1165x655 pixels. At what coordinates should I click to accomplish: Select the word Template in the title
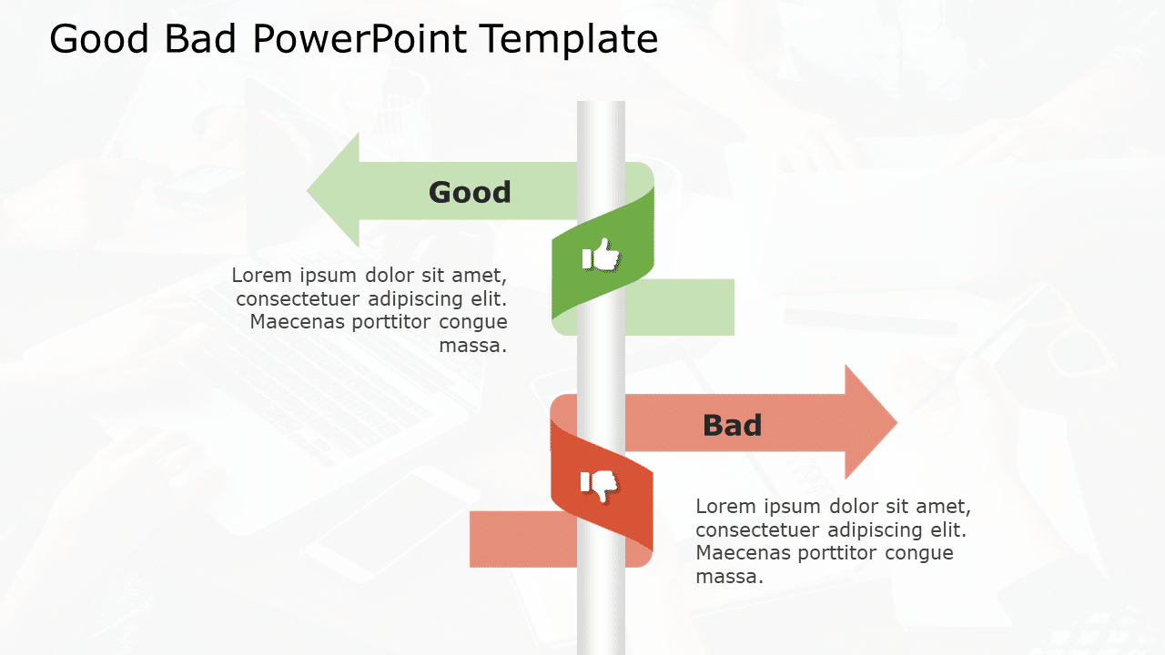569,40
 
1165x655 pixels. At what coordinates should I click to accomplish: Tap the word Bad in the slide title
203,40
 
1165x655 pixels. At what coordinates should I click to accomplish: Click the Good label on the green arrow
470,192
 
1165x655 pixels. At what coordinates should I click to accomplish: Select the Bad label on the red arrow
732,425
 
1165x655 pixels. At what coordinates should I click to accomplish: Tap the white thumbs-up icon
601,256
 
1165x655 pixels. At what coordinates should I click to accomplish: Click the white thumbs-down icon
600,485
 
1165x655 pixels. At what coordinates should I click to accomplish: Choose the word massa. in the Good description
473,346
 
